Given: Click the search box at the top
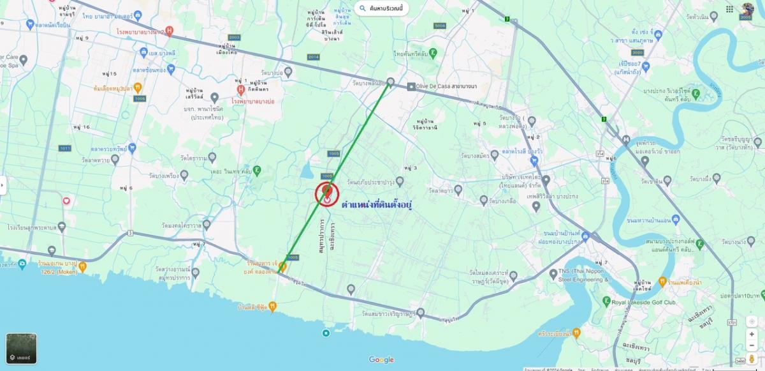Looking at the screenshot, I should (382, 8).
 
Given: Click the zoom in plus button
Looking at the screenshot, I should (752, 334).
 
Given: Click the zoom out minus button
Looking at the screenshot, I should (752, 345).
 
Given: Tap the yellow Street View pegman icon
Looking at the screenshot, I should (752, 359).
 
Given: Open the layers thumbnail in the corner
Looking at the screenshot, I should (21, 349).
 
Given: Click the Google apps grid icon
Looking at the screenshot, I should (729, 9).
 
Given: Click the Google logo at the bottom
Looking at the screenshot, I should (381, 360).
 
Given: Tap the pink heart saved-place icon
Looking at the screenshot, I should (66, 201).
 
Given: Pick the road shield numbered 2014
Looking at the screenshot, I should (313, 57).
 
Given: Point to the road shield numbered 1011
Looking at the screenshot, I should (64, 148).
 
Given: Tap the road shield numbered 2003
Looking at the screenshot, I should (234, 38).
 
